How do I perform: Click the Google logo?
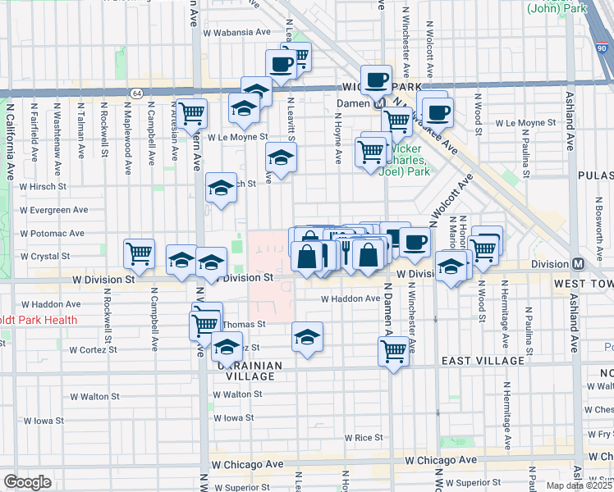pyautogui.click(x=27, y=481)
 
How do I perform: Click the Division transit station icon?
pyautogui.click(x=579, y=264)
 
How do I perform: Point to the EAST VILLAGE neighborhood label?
pyautogui.click(x=483, y=361)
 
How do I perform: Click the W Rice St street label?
pyautogui.click(x=363, y=438)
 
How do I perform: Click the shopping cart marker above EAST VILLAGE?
pyautogui.click(x=393, y=351)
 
